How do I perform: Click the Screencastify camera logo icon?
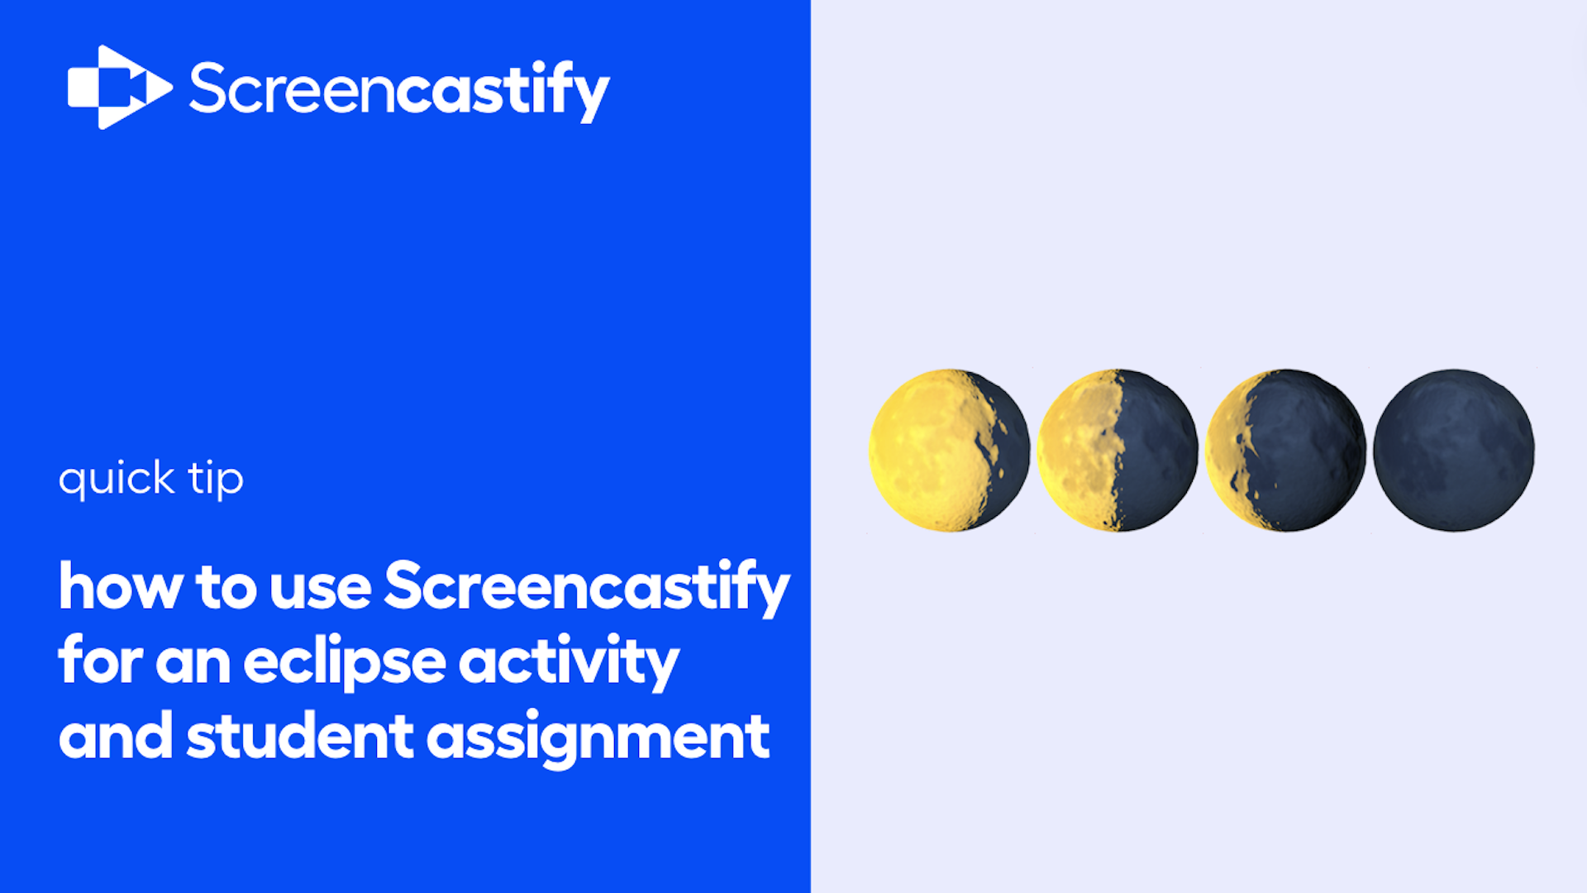(x=120, y=87)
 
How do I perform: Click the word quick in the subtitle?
(x=117, y=479)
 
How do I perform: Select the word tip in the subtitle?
(x=216, y=479)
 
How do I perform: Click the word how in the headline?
(x=121, y=586)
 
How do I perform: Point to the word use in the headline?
(x=320, y=590)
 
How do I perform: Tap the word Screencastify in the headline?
(x=587, y=588)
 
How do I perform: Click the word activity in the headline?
(x=569, y=662)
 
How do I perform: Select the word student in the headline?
(x=299, y=736)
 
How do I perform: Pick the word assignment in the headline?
(x=598, y=738)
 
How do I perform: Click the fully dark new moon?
(x=1454, y=450)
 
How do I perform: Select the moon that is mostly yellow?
(x=950, y=450)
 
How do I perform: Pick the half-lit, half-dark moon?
(x=1118, y=450)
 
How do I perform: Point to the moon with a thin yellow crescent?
(x=1285, y=450)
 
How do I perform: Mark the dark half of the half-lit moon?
(x=1157, y=451)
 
